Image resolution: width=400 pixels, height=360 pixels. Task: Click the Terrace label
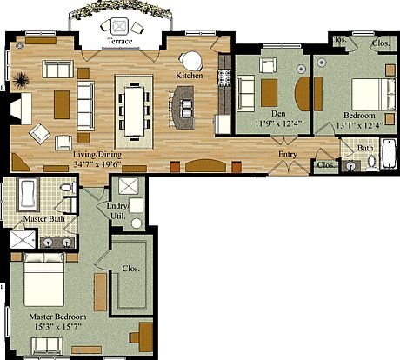pos(120,42)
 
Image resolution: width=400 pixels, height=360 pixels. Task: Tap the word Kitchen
pos(190,77)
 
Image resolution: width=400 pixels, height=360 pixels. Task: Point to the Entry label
pos(289,155)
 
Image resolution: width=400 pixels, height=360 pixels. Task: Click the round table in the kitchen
pos(190,60)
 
